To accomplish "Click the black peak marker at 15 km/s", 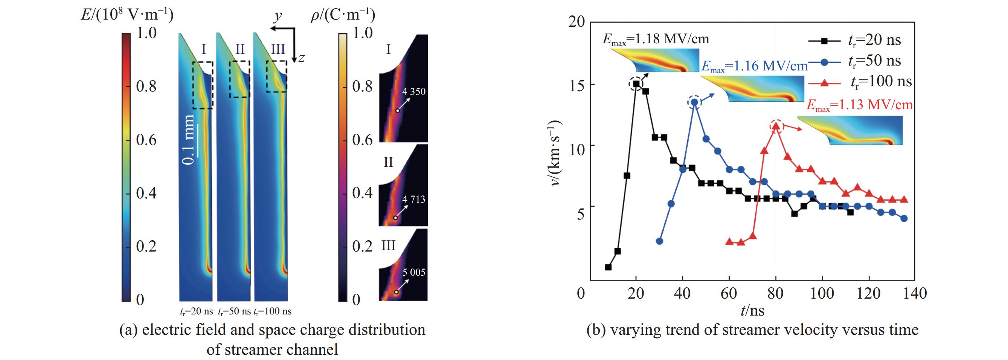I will click(x=636, y=84).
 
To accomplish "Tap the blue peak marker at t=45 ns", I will click(x=695, y=102).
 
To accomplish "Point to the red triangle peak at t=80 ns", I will click(x=776, y=126).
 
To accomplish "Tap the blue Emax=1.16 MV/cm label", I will click(x=755, y=66).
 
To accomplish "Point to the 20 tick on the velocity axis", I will click(x=576, y=22).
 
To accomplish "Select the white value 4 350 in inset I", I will click(x=413, y=92).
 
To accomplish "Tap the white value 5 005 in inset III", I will click(x=413, y=272).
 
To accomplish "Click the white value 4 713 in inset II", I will click(x=413, y=199).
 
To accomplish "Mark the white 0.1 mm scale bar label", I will click(x=189, y=140).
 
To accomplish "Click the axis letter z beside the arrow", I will click(x=300, y=58).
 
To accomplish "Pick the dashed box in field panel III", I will click(x=277, y=77).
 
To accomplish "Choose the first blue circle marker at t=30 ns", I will click(x=659, y=241).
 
